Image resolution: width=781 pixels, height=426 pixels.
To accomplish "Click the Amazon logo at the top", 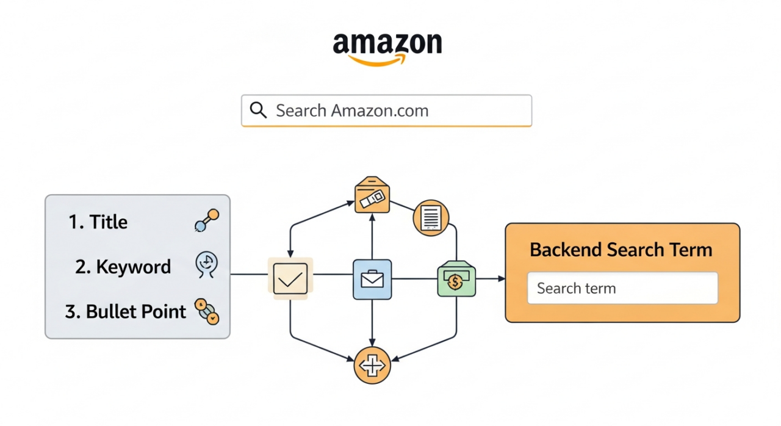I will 387,48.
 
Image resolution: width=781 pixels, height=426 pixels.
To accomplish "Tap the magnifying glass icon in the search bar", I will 259,110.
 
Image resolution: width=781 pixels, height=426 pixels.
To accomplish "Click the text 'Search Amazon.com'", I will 352,111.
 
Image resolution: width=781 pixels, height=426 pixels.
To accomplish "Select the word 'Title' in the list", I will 109,222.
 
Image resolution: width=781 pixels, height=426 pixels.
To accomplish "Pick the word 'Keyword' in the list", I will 133,267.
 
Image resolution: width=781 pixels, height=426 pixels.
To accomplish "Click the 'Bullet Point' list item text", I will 136,311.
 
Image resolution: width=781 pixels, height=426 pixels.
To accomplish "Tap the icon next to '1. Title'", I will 206,221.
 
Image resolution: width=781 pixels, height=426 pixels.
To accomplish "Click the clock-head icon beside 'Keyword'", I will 206,265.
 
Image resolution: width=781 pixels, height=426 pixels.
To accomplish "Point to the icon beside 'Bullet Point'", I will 207,311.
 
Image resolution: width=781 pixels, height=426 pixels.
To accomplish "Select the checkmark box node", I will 290,278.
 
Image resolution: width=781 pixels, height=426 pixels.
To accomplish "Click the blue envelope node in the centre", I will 372,279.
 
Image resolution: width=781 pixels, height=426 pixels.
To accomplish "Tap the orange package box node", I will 372,195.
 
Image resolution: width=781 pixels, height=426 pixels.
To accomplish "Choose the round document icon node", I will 431,218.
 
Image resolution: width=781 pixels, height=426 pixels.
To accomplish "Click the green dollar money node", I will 456,280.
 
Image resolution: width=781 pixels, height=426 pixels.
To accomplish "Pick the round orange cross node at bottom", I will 372,366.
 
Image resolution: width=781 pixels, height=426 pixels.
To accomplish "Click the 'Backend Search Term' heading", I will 621,250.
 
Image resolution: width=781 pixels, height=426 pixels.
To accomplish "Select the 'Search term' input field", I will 622,288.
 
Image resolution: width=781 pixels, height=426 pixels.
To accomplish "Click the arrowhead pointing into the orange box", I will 502,279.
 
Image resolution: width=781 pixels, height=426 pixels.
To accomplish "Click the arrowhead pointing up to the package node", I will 372,217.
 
